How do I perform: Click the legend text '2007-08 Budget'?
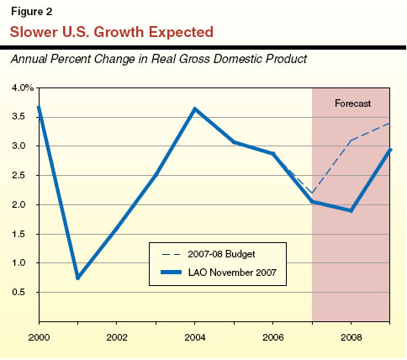click(221, 253)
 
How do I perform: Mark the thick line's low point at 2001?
click(77, 278)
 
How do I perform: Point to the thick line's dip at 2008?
click(351, 210)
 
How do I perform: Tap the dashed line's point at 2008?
click(351, 140)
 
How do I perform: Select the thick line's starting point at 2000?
click(39, 107)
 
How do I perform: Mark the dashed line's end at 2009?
click(388, 123)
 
